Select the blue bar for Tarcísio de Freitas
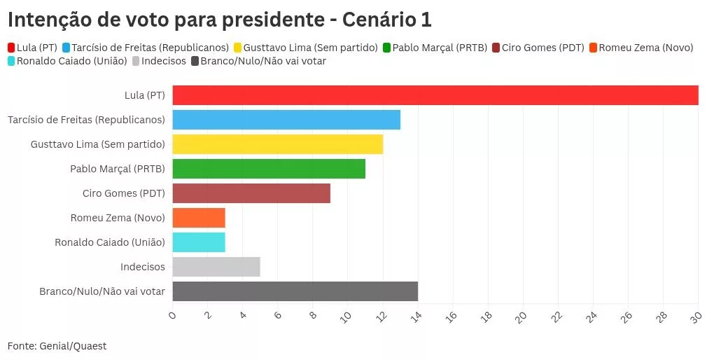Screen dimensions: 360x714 (286, 120)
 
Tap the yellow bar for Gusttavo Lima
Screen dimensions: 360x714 (278, 144)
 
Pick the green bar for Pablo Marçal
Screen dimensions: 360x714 (269, 169)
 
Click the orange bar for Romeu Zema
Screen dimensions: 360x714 (199, 218)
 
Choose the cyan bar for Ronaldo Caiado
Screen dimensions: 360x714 (199, 242)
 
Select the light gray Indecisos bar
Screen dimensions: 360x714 (216, 267)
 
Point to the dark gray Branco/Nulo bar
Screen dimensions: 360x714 (295, 291)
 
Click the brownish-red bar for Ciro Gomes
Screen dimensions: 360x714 (251, 193)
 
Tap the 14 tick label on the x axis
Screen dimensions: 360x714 (416, 317)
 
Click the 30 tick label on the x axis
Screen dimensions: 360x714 (696, 317)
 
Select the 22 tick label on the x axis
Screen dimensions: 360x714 (556, 317)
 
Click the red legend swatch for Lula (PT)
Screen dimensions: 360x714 (11, 48)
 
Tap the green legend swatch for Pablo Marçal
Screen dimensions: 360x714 (386, 48)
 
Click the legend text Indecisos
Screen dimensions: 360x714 (164, 61)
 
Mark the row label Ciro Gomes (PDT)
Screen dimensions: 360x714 (124, 193)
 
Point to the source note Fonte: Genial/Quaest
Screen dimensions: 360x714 (57, 346)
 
